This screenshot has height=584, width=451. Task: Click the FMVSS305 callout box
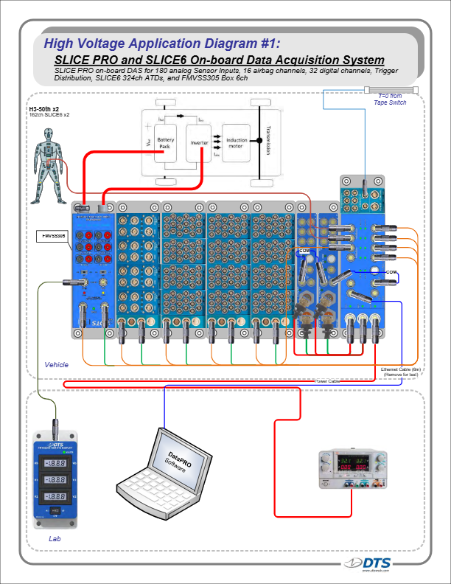pos(52,236)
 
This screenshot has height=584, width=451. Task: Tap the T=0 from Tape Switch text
pos(390,100)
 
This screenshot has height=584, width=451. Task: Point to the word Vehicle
pos(57,365)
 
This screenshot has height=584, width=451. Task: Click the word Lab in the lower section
pos(55,539)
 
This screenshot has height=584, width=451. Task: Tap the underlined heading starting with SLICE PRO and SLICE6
pos(219,59)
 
